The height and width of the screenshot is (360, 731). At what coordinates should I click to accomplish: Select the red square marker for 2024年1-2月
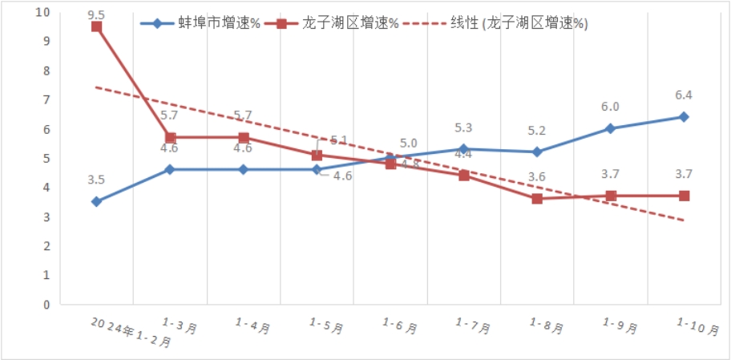pos(96,26)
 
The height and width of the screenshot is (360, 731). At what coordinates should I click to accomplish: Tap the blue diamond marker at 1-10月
pos(684,117)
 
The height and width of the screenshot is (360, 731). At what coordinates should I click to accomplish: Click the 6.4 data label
pos(684,95)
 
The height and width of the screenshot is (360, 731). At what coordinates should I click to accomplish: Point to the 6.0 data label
pos(611,107)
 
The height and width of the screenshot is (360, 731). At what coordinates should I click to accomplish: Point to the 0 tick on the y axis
pos(46,305)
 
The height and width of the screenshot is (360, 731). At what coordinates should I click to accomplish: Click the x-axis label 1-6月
pos(399,326)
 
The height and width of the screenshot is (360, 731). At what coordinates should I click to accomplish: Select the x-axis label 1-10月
pos(697,327)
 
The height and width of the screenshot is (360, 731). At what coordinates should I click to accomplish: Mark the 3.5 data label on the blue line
pos(96,180)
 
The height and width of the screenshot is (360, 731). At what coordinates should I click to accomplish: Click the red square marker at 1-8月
pos(537,199)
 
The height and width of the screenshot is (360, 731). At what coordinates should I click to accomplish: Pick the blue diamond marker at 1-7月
pos(463,149)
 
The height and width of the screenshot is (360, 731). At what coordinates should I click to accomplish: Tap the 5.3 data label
pos(463,127)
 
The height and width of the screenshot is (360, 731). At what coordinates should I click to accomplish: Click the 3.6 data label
pos(537,177)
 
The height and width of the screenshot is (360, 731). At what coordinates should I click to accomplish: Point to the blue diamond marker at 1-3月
pos(170,170)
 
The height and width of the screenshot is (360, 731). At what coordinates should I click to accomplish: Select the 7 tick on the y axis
pos(46,99)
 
